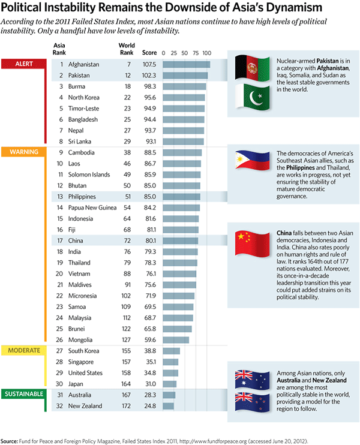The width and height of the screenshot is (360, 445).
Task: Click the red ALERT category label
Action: pos(24,64)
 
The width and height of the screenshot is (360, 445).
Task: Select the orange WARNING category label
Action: pos(24,152)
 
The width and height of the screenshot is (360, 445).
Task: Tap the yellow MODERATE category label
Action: pos(24,350)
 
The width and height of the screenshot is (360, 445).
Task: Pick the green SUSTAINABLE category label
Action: pos(25,395)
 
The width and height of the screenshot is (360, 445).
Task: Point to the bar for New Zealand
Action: pos(167,406)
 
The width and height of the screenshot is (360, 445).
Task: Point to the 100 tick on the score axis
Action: pos(207,53)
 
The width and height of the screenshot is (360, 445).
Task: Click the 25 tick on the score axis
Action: pos(173,53)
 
